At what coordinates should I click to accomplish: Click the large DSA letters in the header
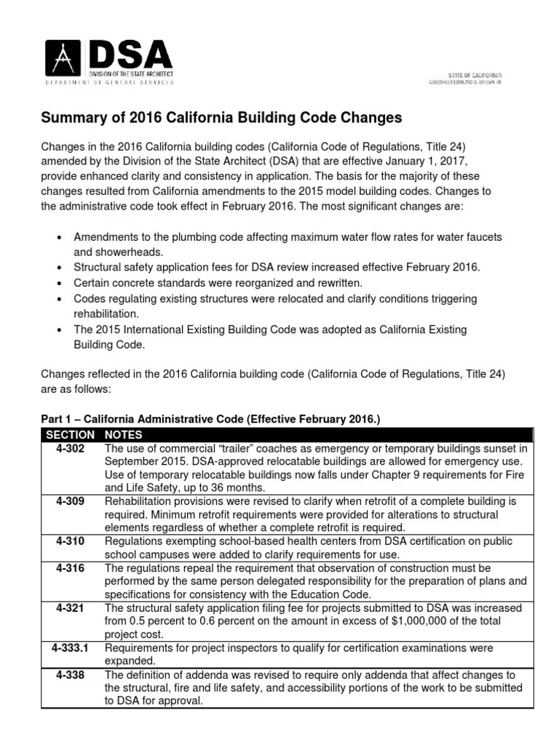point(130,54)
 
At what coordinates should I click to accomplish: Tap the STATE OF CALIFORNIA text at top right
point(474,75)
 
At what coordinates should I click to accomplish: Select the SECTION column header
point(70,434)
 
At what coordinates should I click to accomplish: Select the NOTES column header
point(122,434)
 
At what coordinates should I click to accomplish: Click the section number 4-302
point(70,449)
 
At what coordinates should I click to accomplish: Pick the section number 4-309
point(70,502)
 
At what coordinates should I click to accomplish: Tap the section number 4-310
point(70,541)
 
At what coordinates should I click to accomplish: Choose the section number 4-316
point(70,567)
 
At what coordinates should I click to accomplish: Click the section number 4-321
point(70,607)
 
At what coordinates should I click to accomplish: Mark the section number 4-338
point(70,674)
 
